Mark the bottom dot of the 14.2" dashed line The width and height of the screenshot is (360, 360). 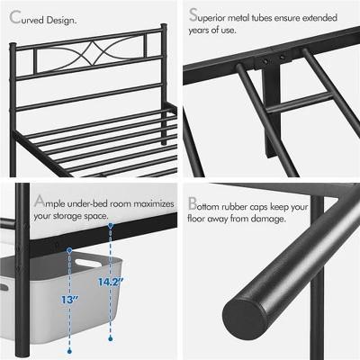[x=110, y=340]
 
